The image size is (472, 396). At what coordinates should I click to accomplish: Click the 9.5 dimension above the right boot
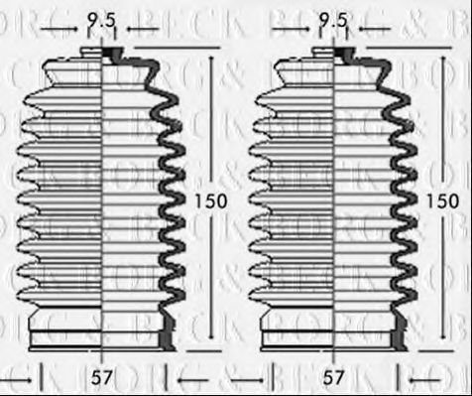pyautogui.click(x=333, y=18)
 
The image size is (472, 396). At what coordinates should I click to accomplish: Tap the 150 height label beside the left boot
pyautogui.click(x=211, y=200)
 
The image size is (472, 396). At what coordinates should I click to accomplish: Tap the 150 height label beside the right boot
pyautogui.click(x=443, y=200)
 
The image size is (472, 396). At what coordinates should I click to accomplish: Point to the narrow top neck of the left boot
pyautogui.click(x=103, y=52)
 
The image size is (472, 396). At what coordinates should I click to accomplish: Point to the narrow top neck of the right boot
pyautogui.click(x=335, y=52)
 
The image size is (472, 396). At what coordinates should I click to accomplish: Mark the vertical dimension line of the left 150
pyautogui.click(x=211, y=119)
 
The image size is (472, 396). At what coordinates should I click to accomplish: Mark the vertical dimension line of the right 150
pyautogui.click(x=443, y=119)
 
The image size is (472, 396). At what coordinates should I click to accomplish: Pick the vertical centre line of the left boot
pyautogui.click(x=103, y=198)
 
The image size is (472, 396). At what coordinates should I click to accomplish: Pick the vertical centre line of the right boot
pyautogui.click(x=335, y=198)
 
